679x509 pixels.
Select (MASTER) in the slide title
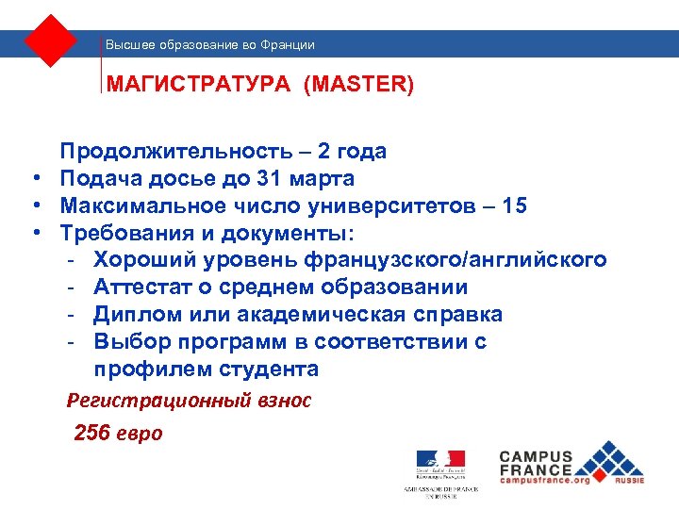coord(358,85)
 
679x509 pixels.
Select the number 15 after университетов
coord(515,205)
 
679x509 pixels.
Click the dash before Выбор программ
coord(72,341)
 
